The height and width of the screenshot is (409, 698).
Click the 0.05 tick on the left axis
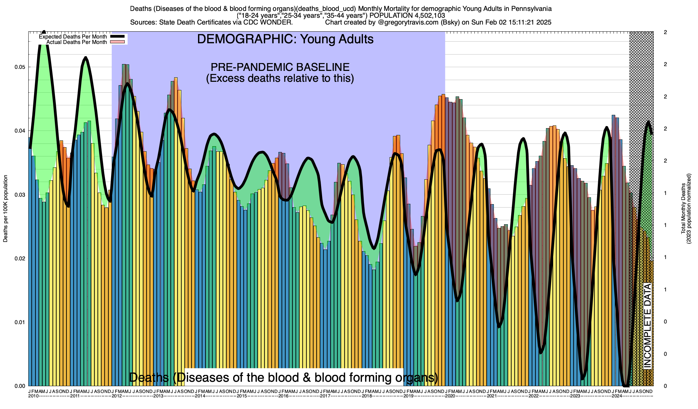tap(20, 67)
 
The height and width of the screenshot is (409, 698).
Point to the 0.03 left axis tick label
tap(20, 195)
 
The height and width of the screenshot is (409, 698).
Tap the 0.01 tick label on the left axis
tap(20, 322)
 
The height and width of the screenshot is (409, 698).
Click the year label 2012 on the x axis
tap(117, 396)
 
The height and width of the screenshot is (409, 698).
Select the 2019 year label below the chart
tap(409, 396)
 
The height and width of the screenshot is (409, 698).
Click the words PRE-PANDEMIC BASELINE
tap(280, 67)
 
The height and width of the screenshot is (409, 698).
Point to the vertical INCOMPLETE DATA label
tap(647, 325)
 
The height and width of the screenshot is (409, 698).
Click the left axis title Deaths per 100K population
tap(5, 209)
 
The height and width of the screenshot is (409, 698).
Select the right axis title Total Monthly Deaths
tap(683, 209)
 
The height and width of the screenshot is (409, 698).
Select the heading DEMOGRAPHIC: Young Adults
tap(285, 39)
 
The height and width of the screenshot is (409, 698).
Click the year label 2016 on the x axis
tap(284, 396)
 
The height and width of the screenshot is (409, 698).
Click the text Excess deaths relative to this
tap(280, 78)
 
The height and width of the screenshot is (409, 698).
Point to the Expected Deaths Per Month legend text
tap(73, 37)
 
